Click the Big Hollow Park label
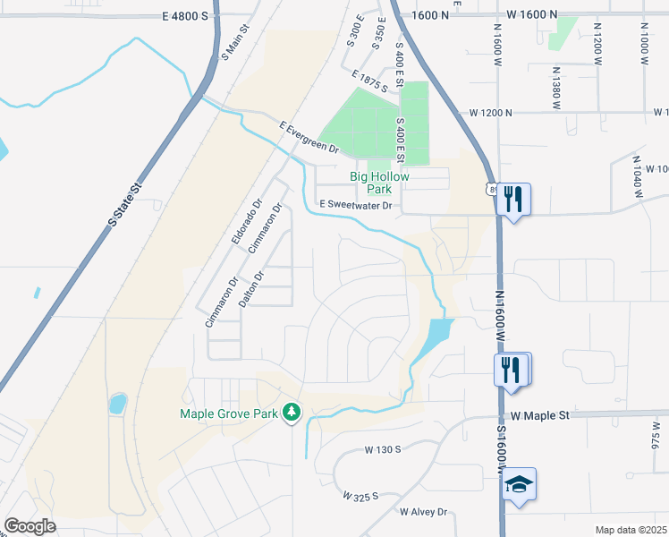379,183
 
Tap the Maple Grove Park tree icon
291,413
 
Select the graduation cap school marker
520,485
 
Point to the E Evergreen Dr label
309,137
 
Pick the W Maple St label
540,416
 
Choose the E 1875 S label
369,83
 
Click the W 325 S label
360,495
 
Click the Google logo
30,526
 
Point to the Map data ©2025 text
630,530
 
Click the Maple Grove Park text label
229,413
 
